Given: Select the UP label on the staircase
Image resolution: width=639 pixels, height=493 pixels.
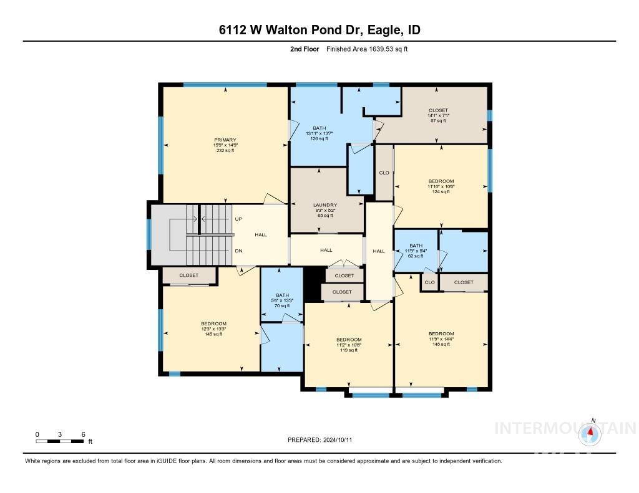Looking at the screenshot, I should (x=238, y=219).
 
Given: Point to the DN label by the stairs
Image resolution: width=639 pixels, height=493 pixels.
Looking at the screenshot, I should (x=238, y=251).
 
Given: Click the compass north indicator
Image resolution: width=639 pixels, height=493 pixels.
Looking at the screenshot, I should (x=590, y=431).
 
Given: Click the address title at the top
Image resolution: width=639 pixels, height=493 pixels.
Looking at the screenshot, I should (x=319, y=31).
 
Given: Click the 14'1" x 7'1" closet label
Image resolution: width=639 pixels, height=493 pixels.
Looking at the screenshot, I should (x=438, y=115).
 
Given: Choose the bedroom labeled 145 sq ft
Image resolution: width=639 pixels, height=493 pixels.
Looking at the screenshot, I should (x=213, y=329).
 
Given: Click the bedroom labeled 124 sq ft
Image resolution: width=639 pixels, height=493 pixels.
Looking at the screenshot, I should (x=441, y=186).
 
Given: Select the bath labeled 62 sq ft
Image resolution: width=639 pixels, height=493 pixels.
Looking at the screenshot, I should (x=416, y=251).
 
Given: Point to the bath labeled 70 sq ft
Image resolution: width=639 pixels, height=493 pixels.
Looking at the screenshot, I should (x=283, y=300).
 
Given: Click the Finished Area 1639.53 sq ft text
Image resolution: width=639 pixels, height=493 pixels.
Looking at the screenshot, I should (x=367, y=49).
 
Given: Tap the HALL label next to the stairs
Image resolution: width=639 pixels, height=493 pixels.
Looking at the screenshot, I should (x=261, y=235).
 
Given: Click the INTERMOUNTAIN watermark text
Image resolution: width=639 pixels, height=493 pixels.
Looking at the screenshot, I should (x=565, y=428).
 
